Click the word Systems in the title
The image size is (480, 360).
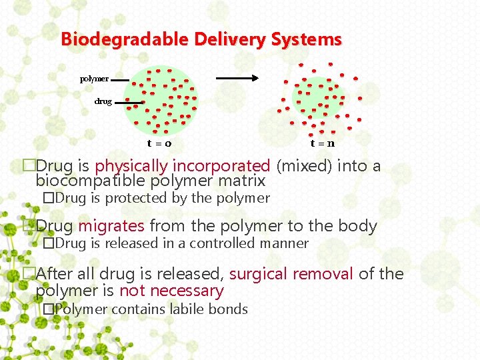(x=306, y=39)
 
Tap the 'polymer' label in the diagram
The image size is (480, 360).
(x=94, y=79)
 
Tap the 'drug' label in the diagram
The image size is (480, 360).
(x=103, y=101)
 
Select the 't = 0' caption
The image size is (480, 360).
(x=159, y=143)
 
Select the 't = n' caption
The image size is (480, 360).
(x=322, y=143)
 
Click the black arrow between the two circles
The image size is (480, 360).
(x=237, y=78)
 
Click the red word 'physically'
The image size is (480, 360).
(x=132, y=165)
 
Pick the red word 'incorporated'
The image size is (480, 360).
(x=221, y=165)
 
